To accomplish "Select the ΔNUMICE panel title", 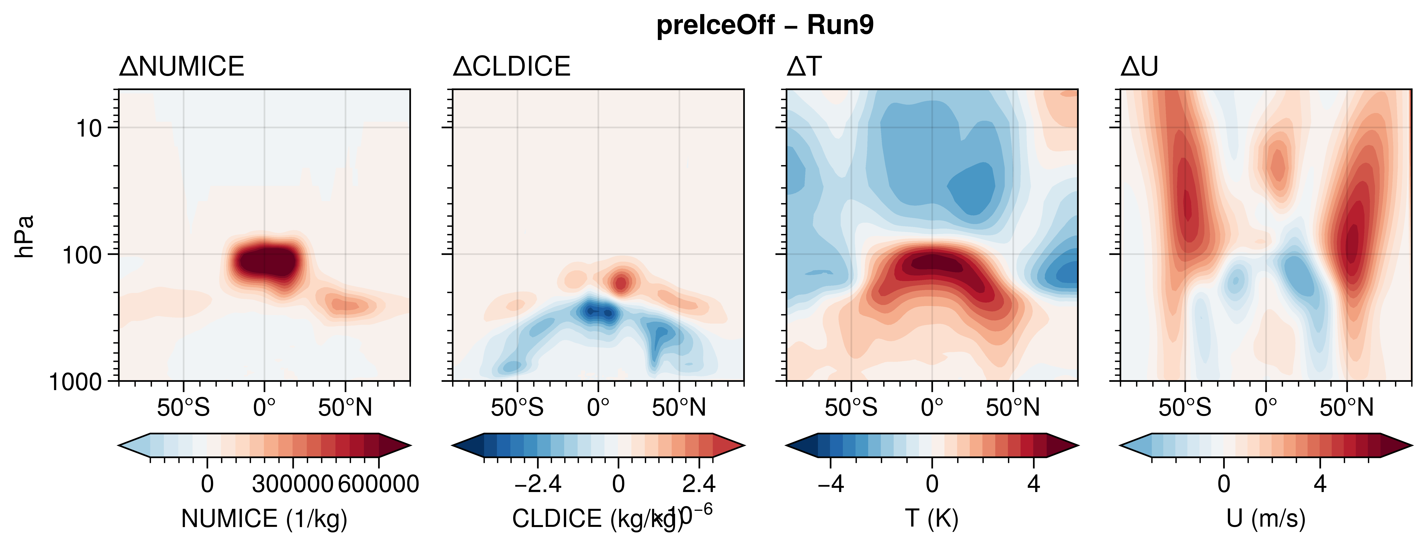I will click(181, 67).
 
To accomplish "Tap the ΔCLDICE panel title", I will click(511, 67).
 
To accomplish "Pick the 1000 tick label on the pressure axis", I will click(76, 382).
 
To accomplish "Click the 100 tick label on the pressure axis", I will click(82, 256).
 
